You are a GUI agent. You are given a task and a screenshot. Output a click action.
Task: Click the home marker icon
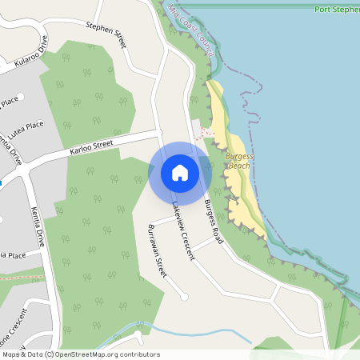coord(179,172)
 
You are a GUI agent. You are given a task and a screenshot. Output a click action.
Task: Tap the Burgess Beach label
coord(238,161)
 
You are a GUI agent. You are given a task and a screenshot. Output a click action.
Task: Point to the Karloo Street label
coord(91,146)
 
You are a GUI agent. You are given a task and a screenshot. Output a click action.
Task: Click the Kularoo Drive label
coord(30,52)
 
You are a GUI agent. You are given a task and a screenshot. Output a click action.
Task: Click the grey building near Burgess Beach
coord(197,130)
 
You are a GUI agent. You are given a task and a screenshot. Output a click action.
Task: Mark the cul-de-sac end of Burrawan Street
coord(185,297)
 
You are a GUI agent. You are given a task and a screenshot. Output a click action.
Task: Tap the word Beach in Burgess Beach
coord(239,166)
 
